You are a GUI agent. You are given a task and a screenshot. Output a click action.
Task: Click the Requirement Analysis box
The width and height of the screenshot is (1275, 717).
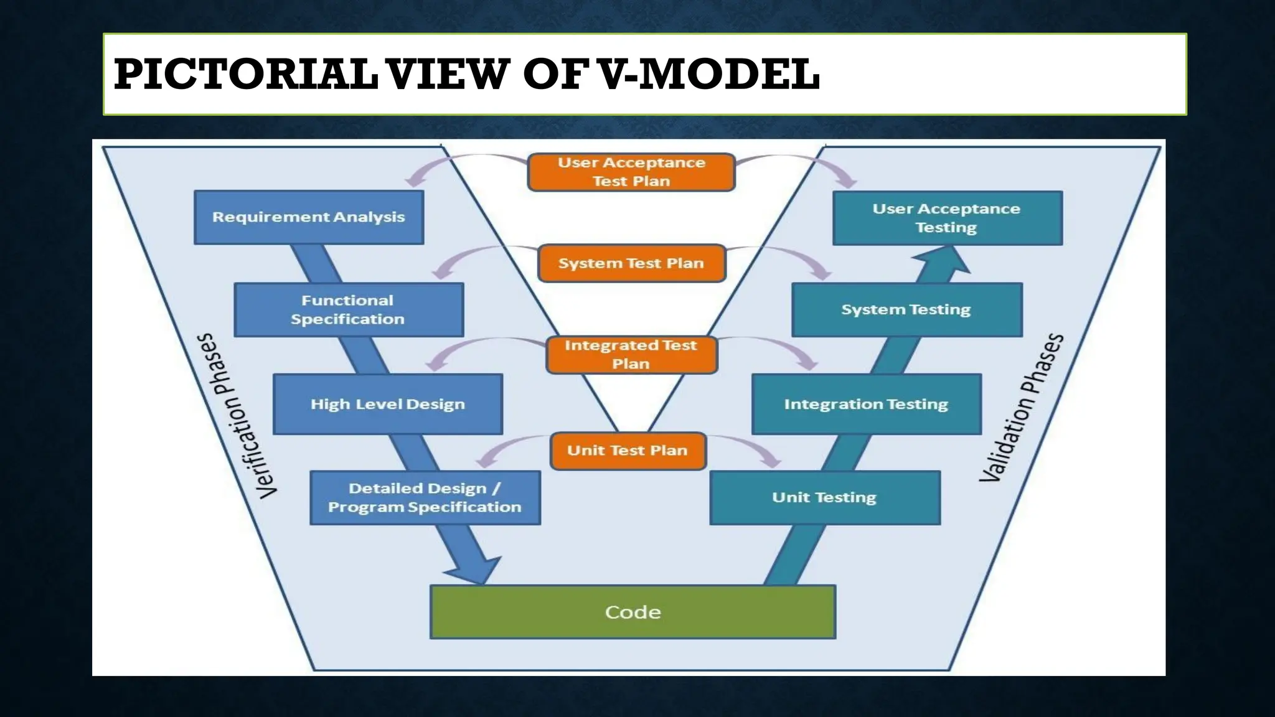[x=309, y=217]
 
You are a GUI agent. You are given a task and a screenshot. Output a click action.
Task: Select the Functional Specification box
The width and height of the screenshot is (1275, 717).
[x=349, y=310]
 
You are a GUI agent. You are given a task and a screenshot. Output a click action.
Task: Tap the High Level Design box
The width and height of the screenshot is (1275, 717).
[x=387, y=404]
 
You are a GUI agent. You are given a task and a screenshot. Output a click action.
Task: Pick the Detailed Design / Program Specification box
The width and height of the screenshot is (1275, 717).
[x=425, y=498]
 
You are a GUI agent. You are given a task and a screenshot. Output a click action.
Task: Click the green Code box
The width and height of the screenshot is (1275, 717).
[x=633, y=612]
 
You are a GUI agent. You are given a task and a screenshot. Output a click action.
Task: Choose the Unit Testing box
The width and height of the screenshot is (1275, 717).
[x=824, y=497]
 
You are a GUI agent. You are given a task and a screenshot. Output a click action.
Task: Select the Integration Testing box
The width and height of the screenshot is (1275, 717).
[x=866, y=404]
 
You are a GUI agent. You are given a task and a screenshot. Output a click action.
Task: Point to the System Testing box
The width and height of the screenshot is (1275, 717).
[x=906, y=310]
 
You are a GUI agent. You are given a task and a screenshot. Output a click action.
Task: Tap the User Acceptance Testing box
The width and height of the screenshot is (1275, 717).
[x=947, y=218]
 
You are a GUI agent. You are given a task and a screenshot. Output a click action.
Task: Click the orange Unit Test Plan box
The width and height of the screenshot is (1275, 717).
[x=628, y=451]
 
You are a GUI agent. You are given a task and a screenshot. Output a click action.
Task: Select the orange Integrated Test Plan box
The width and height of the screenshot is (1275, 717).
[x=631, y=355]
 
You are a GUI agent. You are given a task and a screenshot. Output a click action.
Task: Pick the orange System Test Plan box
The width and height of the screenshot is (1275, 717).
[x=631, y=263]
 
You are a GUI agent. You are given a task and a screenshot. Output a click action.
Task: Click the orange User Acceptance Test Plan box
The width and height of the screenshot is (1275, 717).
[x=631, y=172]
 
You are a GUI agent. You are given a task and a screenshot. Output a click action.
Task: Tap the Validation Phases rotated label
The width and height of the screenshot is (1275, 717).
[x=1022, y=408]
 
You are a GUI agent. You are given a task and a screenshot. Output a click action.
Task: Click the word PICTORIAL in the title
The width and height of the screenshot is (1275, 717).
[x=245, y=74]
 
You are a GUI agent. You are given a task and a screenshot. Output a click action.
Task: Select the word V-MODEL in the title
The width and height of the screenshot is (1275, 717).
[x=708, y=74]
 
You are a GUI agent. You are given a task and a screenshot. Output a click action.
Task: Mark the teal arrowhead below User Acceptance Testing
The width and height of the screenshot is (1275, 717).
[x=943, y=260]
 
